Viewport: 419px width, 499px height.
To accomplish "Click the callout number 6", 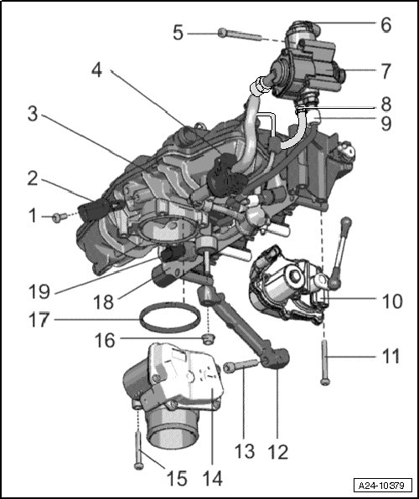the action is (385, 24).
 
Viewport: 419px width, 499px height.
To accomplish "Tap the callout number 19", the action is (39, 291).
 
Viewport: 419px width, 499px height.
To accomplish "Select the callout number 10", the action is (392, 301).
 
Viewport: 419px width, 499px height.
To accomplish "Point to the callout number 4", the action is (97, 69).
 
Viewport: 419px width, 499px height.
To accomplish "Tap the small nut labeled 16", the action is (209, 339).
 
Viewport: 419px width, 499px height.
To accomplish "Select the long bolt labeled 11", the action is (324, 363).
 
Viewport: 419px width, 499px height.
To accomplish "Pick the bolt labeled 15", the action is (138, 450).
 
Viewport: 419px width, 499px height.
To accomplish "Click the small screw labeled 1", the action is (59, 217).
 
